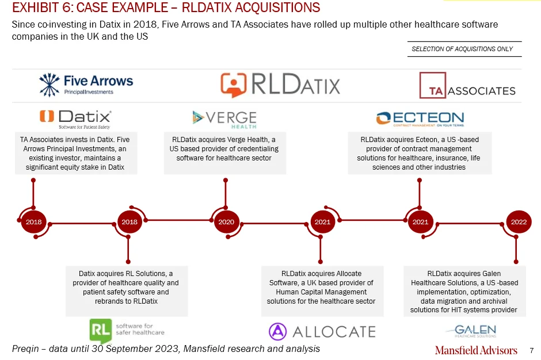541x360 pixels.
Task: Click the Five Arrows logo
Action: pos(86,85)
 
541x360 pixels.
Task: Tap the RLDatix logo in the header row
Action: pos(280,85)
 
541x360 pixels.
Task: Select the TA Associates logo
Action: pos(467,86)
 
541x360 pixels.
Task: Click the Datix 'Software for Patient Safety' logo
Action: pos(75,119)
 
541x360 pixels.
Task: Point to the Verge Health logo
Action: pos(224,120)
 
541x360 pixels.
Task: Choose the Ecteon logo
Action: pos(420,119)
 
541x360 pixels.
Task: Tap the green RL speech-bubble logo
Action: pos(100,331)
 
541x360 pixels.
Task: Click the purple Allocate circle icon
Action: pos(278,331)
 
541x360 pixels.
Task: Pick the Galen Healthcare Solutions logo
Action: pos(472,331)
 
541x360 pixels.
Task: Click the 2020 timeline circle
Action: pos(226,222)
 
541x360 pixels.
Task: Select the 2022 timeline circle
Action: pos(519,222)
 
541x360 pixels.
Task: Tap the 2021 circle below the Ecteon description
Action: pos(420,222)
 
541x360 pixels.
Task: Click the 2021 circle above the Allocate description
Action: pos(322,222)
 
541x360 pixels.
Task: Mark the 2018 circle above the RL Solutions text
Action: pos(129,222)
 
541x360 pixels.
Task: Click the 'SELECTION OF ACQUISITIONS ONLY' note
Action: pos(462,49)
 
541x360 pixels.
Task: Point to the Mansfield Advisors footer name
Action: pos(476,350)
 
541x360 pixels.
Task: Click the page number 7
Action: pos(532,351)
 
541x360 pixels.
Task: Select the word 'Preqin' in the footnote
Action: pos(25,349)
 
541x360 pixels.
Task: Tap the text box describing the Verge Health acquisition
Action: pos(224,153)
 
